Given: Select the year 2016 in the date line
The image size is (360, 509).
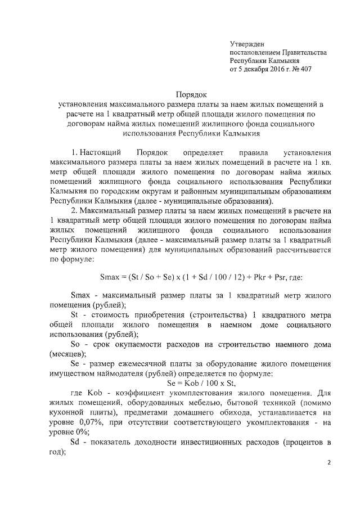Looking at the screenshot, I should pos(272,69).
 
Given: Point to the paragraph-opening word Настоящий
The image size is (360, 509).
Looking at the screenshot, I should pos(100,153).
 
